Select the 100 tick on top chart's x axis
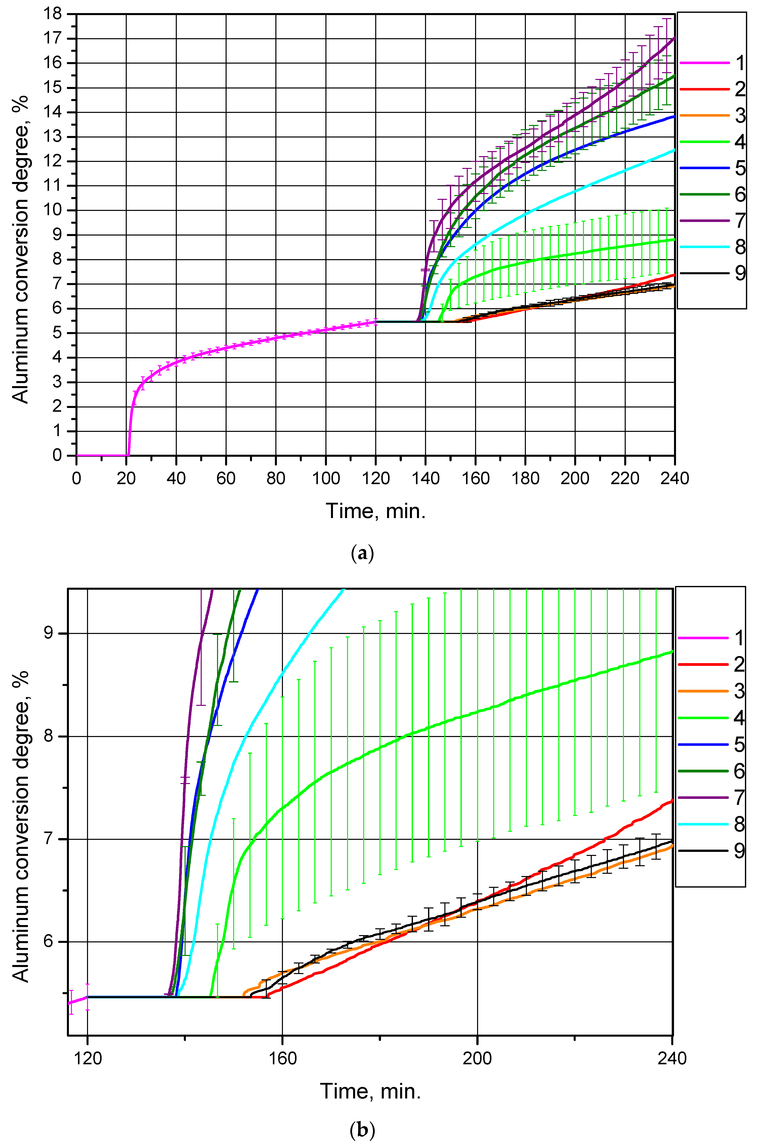pos(326,478)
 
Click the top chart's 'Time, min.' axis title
pos(376,511)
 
